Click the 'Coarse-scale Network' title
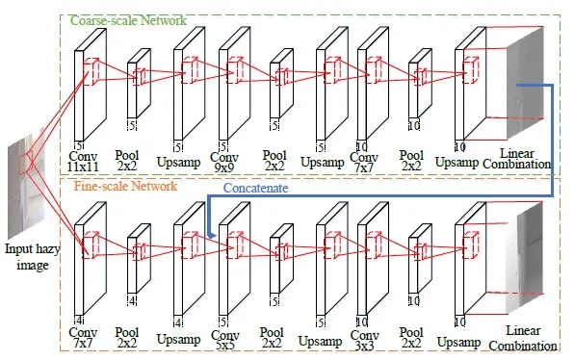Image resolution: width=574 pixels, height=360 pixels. coord(126,19)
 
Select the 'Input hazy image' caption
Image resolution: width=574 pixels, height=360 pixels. coord(28,257)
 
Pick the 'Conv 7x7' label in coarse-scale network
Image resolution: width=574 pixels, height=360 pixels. coord(364,161)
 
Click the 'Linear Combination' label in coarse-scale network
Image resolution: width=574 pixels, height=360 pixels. coord(524,161)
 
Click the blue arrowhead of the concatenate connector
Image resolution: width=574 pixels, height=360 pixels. coord(210,232)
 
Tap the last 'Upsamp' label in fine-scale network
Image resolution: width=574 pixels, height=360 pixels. coord(458,342)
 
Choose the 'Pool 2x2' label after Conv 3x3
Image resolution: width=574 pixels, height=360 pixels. coord(412,337)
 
